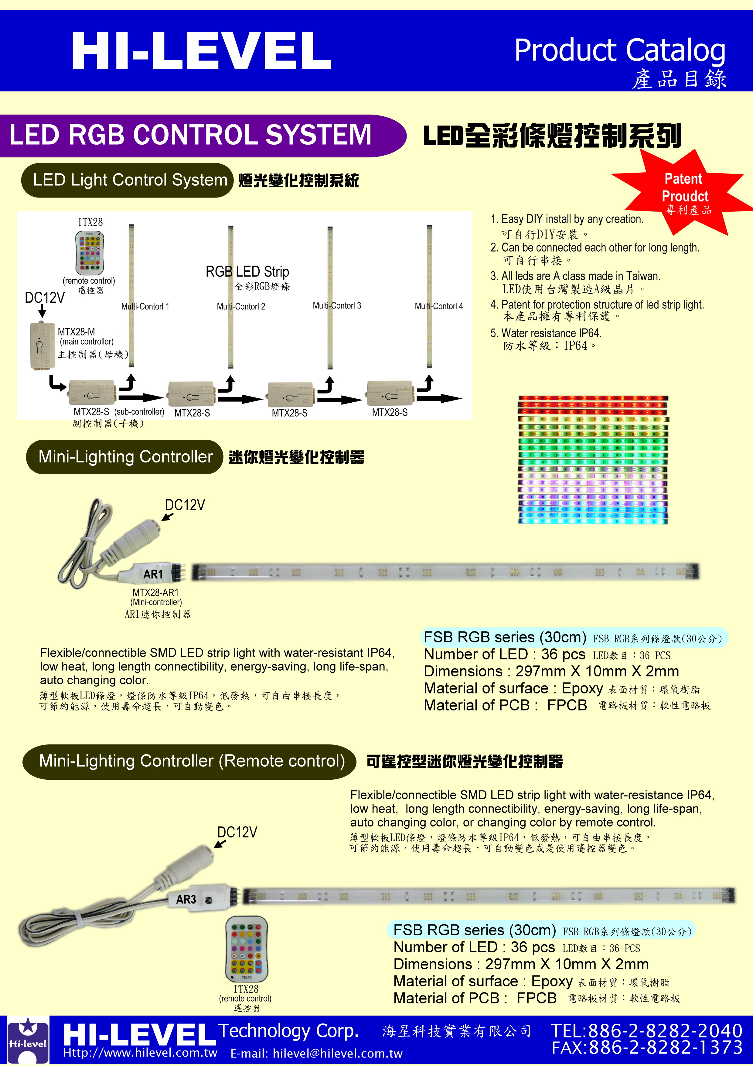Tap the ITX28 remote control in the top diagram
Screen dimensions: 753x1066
(x=90, y=253)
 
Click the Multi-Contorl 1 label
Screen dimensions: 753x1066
(x=145, y=306)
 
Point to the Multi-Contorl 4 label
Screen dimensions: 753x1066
(x=439, y=306)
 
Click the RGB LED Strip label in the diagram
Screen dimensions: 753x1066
(x=247, y=272)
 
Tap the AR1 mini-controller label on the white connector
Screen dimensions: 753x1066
(x=153, y=574)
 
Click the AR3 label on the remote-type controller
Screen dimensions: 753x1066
(x=186, y=899)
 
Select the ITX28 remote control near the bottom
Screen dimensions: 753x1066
(x=246, y=949)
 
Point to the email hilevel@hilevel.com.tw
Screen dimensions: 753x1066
(x=316, y=1054)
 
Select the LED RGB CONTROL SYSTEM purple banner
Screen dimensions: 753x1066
(x=203, y=136)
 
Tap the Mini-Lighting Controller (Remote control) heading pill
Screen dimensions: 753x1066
(x=189, y=762)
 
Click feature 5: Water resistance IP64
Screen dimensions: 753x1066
(x=546, y=333)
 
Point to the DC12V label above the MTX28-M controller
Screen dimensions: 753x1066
(x=45, y=297)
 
